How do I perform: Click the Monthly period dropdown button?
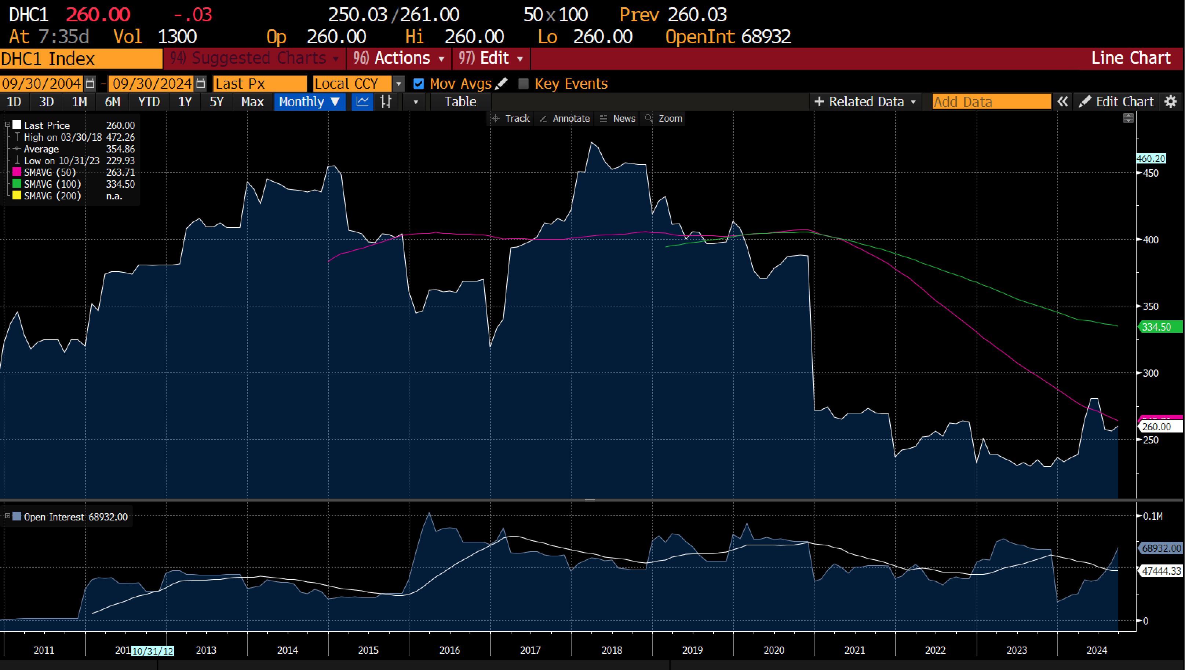(x=309, y=102)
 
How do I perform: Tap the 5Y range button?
(x=216, y=102)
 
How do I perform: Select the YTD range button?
(x=149, y=102)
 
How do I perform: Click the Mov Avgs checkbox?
(x=419, y=84)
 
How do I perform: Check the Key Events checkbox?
(x=523, y=84)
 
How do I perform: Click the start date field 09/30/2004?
(x=41, y=84)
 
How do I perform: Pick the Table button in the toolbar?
(x=460, y=102)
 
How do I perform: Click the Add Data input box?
(x=991, y=102)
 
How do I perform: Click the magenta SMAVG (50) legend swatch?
(x=17, y=172)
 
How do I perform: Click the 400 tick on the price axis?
(x=1151, y=240)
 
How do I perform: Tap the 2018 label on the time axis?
(x=612, y=650)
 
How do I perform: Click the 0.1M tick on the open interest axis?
(x=1153, y=516)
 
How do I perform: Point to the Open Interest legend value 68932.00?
(x=108, y=517)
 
